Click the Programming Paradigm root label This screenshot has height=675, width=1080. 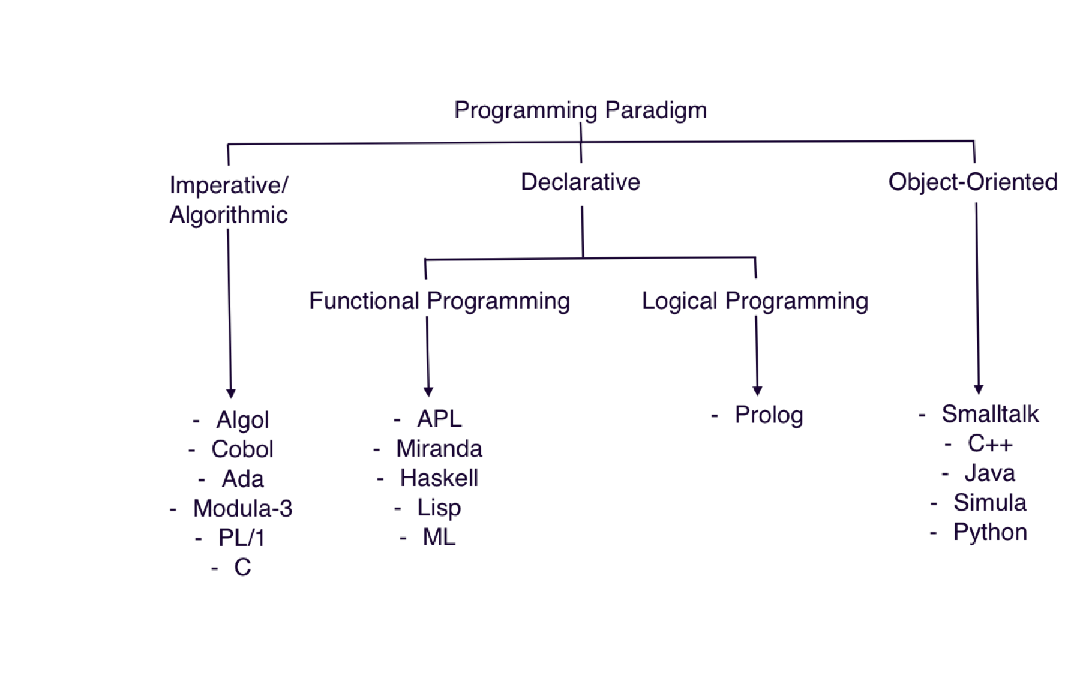point(580,110)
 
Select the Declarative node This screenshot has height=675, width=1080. point(580,182)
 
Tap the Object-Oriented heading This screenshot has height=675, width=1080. point(973,182)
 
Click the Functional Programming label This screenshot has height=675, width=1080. point(439,301)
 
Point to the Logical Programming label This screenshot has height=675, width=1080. point(755,301)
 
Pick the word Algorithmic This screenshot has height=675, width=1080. point(229,215)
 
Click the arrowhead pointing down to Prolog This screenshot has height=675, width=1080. point(757,391)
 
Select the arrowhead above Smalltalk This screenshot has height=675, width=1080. point(979,389)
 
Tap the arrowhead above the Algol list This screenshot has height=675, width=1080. point(231,393)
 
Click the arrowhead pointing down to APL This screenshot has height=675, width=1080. point(428,392)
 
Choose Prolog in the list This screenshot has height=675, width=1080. point(769,415)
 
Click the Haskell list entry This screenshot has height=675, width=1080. point(439,478)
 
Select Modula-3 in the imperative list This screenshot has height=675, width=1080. point(242,509)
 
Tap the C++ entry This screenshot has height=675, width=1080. point(990,444)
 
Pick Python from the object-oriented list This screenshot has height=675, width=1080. point(990,532)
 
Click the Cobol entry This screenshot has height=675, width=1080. point(242,449)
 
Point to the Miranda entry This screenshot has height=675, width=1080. point(439,449)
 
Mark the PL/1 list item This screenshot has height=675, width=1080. point(242,538)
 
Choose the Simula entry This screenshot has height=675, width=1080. point(990,503)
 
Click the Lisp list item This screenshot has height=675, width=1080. point(439,508)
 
